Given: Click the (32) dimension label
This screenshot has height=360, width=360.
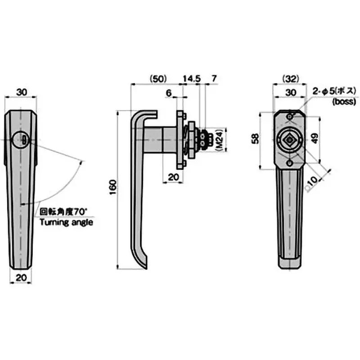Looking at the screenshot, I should [290, 78].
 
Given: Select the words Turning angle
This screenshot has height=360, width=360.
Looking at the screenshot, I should [66, 222].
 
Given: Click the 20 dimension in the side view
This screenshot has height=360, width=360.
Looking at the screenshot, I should [172, 177].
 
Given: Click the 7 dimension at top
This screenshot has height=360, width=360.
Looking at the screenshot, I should [214, 78].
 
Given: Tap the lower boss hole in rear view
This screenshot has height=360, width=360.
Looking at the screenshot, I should [289, 163].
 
